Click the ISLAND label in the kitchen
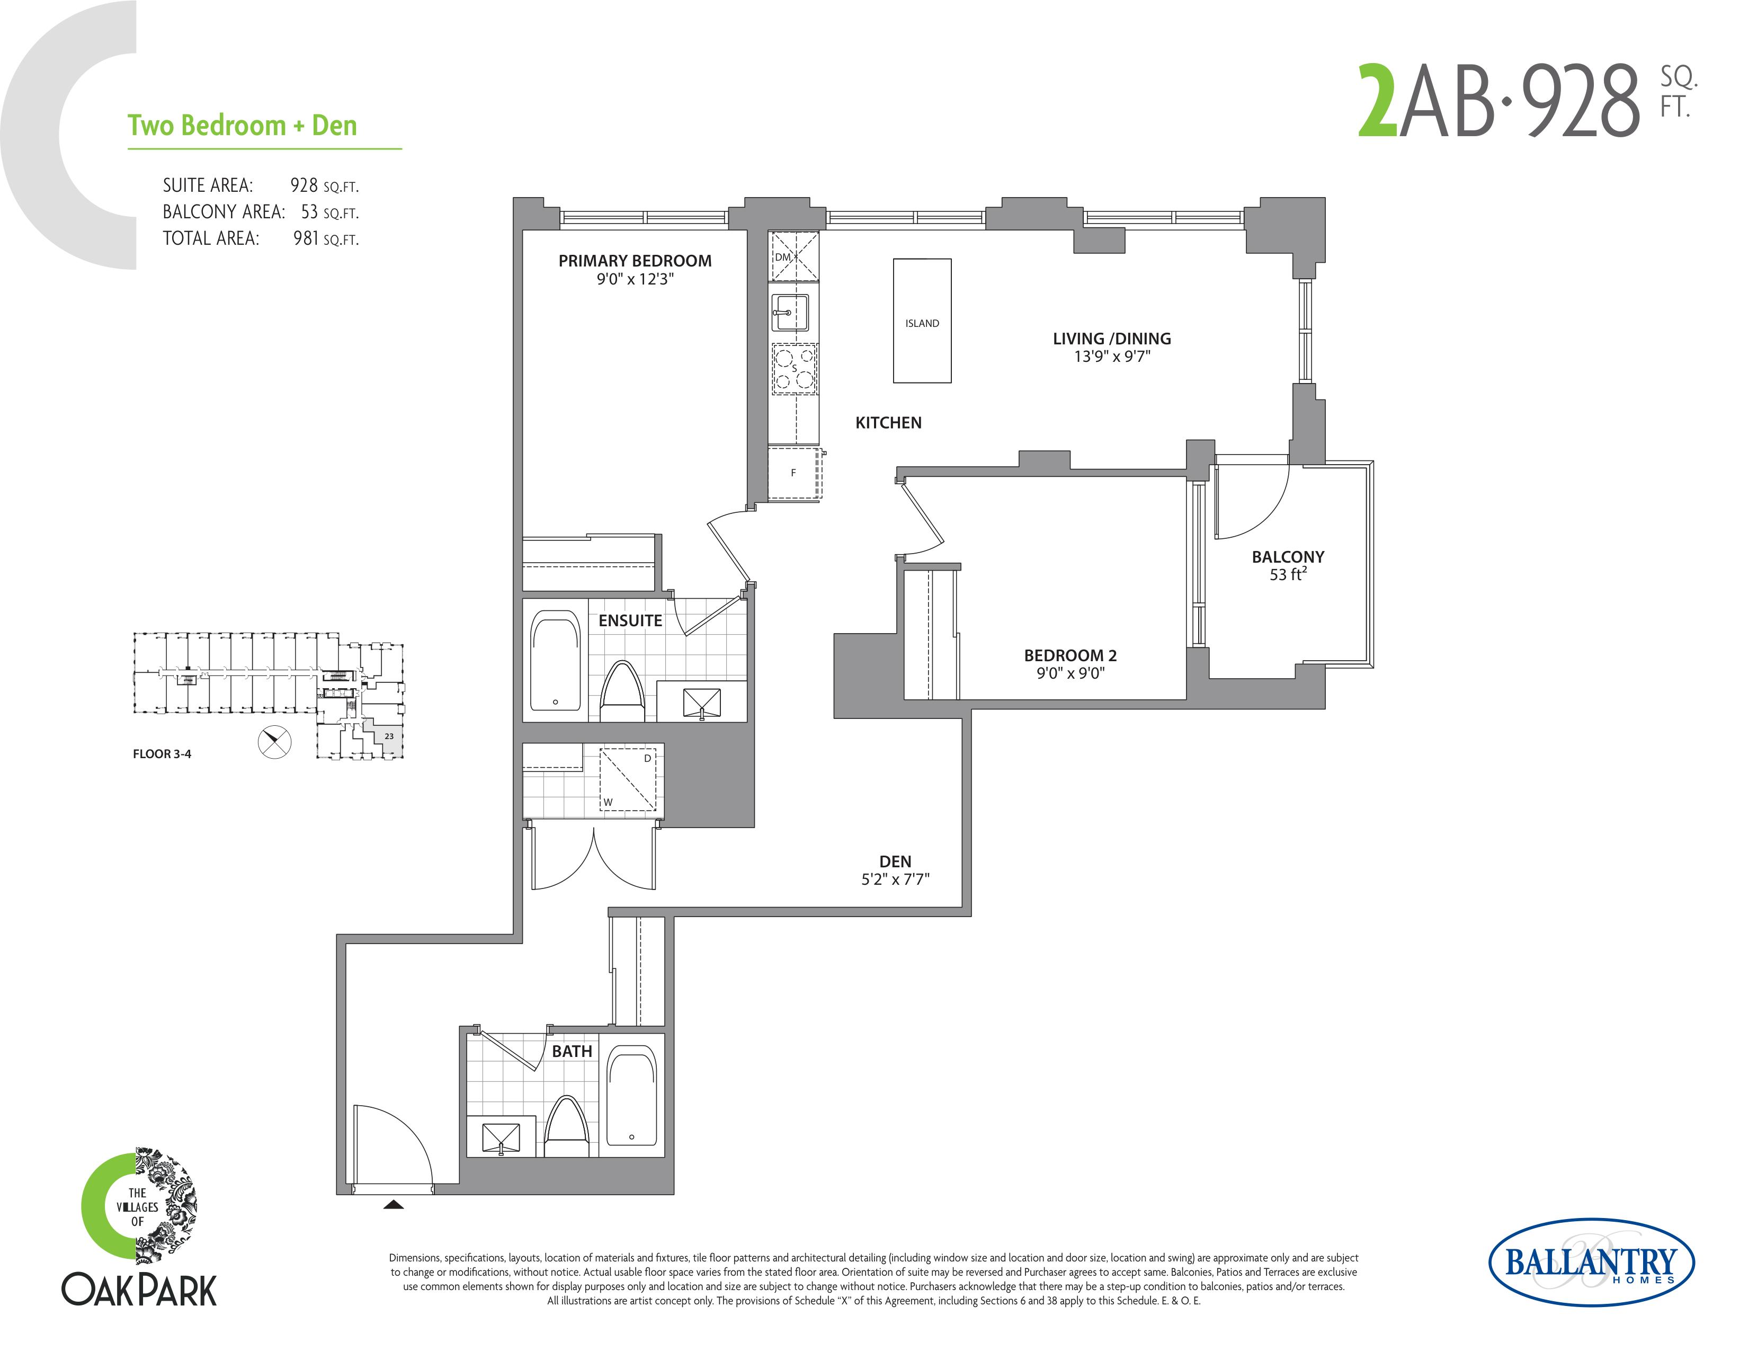[922, 323]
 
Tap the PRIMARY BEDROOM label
[635, 261]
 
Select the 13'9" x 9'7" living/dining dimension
[1112, 357]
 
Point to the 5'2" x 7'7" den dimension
[895, 879]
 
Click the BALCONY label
[1288, 557]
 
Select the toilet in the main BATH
[567, 1125]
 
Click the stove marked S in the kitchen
[794, 369]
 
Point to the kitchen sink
[791, 312]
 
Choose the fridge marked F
[794, 474]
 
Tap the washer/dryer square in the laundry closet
[628, 779]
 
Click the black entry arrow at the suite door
[393, 1204]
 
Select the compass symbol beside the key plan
[274, 742]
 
